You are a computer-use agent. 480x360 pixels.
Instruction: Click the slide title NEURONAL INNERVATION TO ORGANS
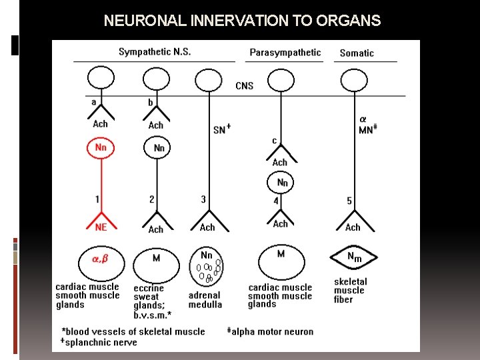pos(242,21)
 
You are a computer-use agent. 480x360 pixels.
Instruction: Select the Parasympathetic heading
pos(285,52)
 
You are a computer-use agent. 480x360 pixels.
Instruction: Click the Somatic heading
pos(357,53)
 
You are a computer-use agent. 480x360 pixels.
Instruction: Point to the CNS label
pos(244,85)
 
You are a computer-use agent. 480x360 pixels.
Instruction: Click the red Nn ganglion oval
pos(101,147)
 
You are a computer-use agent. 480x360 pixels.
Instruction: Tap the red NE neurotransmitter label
pos(101,227)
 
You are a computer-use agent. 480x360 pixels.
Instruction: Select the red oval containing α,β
pos(100,263)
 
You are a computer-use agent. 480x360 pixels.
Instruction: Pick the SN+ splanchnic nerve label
pos(222,129)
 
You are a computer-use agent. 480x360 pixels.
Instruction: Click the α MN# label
pos(366,125)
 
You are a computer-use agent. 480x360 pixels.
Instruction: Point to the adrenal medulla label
pos(205,300)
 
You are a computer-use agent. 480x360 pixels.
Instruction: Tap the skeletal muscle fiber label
pos(351,291)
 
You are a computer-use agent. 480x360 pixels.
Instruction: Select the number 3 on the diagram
pos(203,199)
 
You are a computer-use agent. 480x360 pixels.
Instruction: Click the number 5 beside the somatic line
pos(349,200)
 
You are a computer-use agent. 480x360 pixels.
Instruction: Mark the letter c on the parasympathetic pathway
pos(274,141)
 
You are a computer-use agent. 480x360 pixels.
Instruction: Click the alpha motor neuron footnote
pos(271,331)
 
